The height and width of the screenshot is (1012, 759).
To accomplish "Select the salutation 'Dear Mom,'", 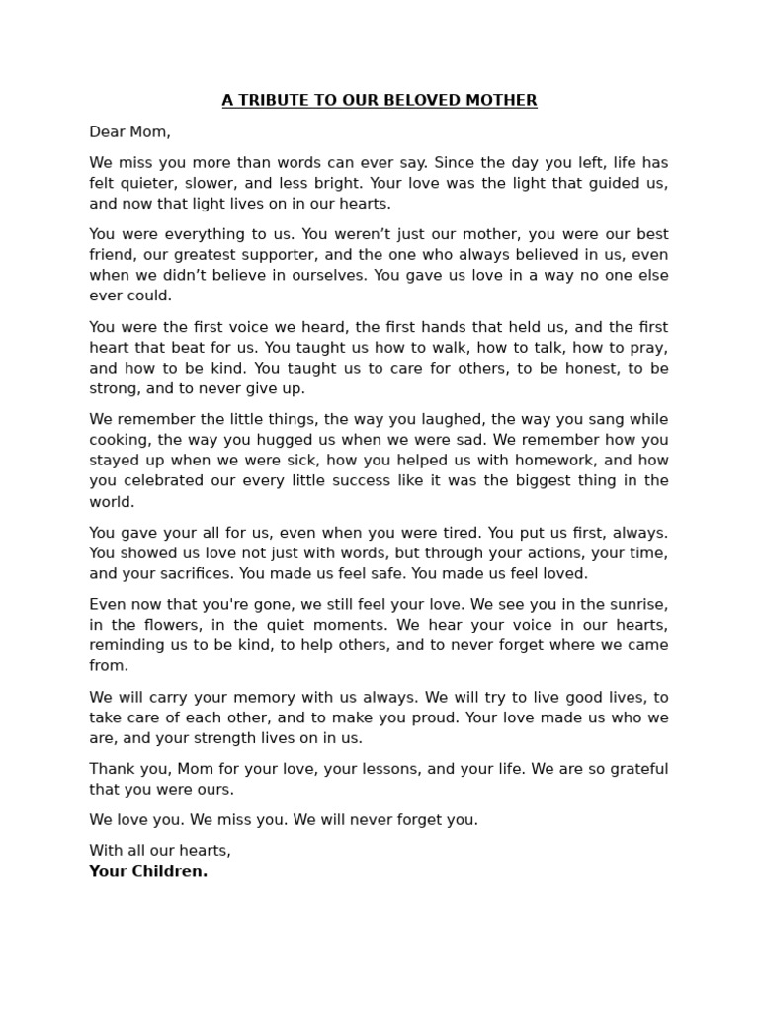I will (129, 131).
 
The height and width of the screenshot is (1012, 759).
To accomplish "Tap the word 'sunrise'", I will (639, 604).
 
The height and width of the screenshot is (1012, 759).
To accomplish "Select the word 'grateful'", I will (632, 769).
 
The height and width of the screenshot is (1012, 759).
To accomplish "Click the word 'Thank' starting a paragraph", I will (111, 769).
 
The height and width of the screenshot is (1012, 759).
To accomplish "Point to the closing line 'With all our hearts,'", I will (160, 851).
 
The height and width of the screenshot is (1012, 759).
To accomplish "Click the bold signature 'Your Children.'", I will (148, 871).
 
